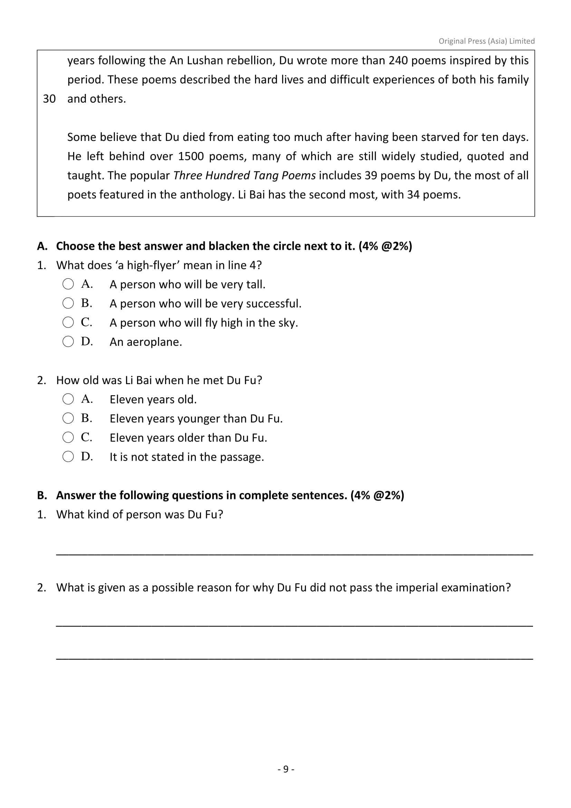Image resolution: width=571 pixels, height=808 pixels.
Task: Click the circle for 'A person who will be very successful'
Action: point(68,303)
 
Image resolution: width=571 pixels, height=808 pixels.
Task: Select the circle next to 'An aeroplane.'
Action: point(68,341)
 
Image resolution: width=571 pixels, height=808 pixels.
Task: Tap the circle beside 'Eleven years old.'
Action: point(68,399)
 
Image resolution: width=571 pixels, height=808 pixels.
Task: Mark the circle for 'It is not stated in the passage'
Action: point(68,456)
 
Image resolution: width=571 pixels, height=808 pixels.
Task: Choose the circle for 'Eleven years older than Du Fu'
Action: point(68,437)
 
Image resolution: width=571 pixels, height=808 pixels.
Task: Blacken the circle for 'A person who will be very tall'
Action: point(68,284)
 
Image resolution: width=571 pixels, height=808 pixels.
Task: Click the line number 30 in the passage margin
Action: point(49,99)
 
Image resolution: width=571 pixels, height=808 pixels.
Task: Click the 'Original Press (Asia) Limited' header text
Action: point(486,41)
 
